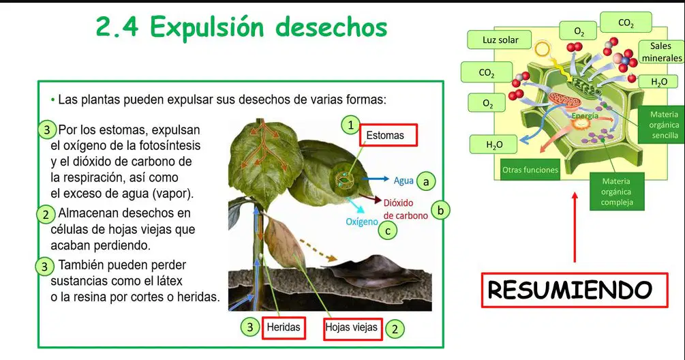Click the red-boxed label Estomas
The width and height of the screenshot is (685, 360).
coord(389,135)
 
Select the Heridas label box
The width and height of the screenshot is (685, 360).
coord(284,327)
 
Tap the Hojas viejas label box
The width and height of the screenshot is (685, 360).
coord(353,329)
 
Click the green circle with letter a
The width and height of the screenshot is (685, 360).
coord(427,181)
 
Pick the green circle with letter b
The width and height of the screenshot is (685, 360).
coord(440,211)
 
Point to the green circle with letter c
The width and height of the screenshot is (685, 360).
coord(388,230)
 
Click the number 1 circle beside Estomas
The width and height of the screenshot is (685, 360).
coord(350,125)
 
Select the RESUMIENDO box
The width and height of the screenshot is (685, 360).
coord(575,290)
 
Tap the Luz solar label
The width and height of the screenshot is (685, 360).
coord(500,40)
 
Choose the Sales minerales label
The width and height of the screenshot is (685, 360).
coord(661,52)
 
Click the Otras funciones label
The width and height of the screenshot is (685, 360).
coord(530,170)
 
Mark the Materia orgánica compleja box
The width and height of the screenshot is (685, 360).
coord(616,192)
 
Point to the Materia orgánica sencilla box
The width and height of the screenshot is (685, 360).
coord(663,125)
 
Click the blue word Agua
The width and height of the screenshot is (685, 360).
coord(404,181)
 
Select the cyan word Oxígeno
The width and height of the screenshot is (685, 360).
coord(362,222)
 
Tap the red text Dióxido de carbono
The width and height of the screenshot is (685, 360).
coord(406,209)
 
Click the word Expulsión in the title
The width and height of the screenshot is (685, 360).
coord(207,27)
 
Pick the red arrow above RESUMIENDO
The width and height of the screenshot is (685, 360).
coord(575,227)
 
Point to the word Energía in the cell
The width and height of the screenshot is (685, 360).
coord(585,116)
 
